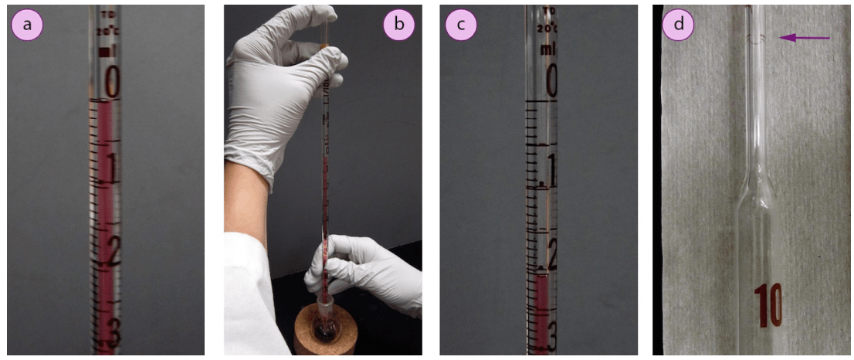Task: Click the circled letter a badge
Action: click(28, 25)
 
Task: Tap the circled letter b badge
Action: click(398, 25)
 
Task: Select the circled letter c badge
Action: click(461, 25)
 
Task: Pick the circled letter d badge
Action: click(679, 25)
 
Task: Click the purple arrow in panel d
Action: click(805, 37)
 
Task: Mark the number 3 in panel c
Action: click(551, 332)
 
